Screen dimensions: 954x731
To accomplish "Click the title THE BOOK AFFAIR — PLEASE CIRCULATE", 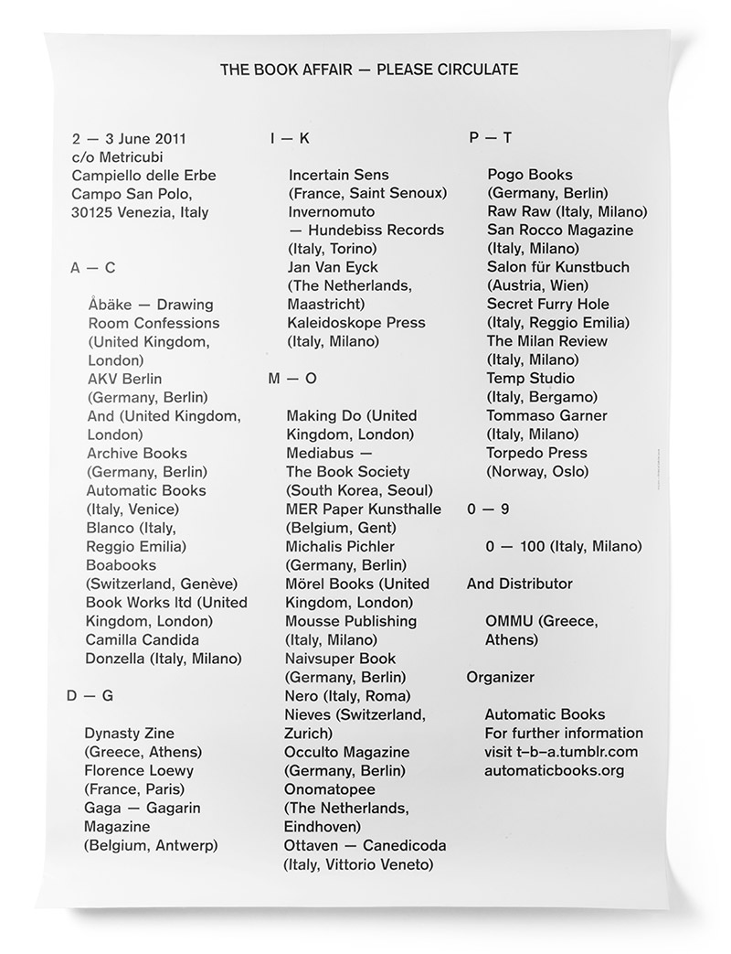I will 369,69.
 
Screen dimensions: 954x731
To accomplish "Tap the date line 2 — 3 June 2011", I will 129,139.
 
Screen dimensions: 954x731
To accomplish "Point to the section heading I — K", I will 290,139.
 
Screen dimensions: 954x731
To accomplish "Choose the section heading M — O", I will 291,379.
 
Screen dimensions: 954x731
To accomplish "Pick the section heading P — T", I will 490,138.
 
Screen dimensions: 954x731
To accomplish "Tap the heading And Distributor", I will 520,584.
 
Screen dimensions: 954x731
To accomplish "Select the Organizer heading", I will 501,677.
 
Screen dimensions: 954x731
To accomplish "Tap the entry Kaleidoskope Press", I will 356,323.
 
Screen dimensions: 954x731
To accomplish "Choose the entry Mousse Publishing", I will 352,621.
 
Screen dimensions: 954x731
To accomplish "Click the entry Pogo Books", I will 530,175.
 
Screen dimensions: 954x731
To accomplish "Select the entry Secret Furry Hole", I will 548,304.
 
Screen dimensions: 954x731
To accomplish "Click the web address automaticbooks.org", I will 555,770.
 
